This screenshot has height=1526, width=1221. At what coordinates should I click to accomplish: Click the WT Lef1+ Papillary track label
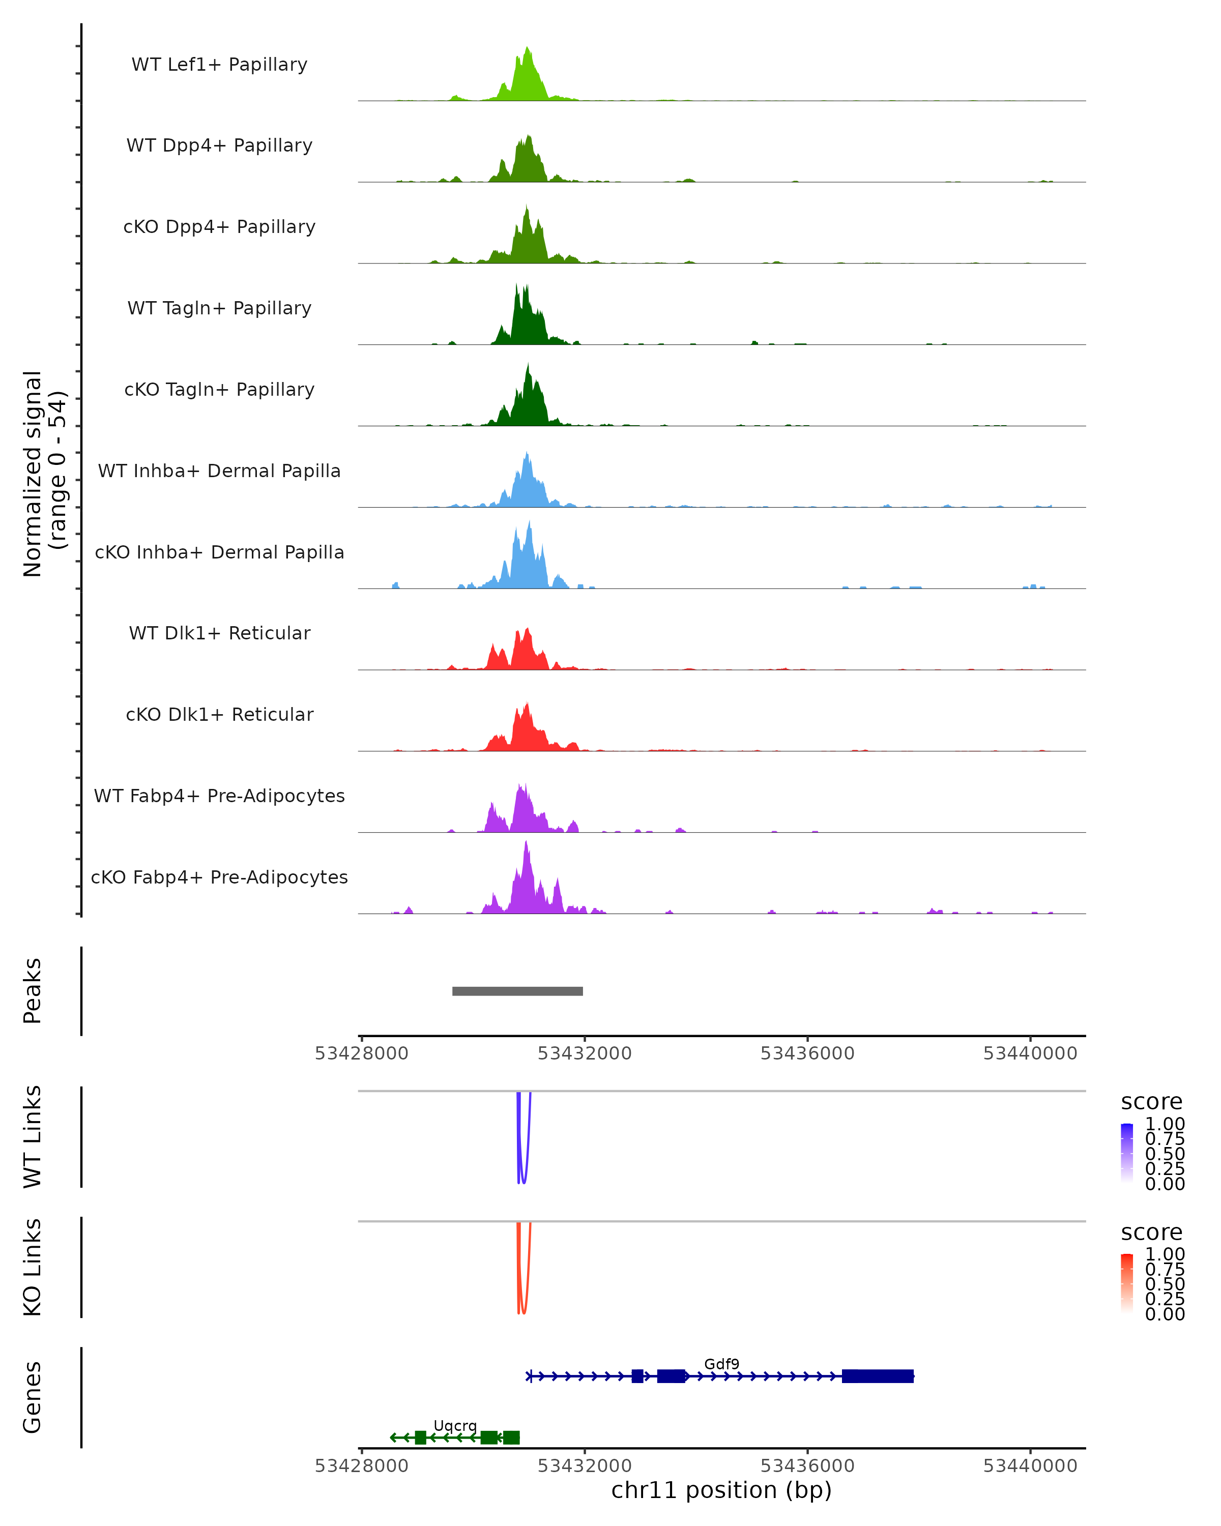click(x=219, y=65)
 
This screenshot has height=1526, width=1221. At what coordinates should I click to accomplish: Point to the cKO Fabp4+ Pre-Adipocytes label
click(x=219, y=877)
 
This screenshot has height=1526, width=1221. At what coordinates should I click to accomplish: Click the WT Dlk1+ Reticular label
click(x=219, y=633)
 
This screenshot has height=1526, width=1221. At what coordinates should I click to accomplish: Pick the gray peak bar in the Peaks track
click(x=517, y=991)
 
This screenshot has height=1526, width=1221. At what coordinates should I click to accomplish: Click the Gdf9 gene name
click(x=721, y=1364)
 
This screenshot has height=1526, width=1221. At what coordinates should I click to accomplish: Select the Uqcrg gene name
click(x=455, y=1425)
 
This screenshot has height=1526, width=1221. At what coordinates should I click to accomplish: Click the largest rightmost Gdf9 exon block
click(x=878, y=1376)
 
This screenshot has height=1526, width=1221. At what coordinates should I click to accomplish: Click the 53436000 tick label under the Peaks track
click(x=807, y=1053)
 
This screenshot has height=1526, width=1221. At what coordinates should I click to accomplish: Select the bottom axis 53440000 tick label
click(x=1030, y=1466)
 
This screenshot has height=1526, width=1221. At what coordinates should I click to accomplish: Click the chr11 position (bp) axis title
click(x=721, y=1490)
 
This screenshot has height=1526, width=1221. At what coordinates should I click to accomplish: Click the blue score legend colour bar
click(x=1127, y=1153)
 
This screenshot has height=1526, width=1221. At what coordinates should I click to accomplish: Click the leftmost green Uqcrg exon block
click(x=420, y=1437)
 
